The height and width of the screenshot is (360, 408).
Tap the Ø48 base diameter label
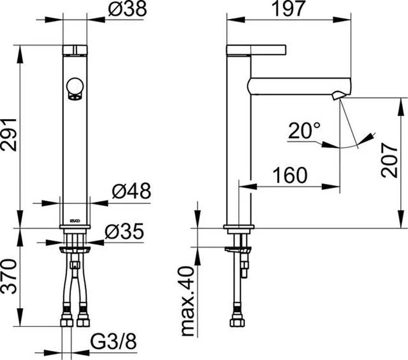(131, 192)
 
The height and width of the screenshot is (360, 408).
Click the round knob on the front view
(75, 86)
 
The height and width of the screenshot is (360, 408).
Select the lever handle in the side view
(256, 50)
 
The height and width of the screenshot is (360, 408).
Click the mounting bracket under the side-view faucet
(238, 249)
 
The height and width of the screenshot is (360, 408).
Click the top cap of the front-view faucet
(75, 49)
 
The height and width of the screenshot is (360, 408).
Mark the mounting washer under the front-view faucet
(75, 249)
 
